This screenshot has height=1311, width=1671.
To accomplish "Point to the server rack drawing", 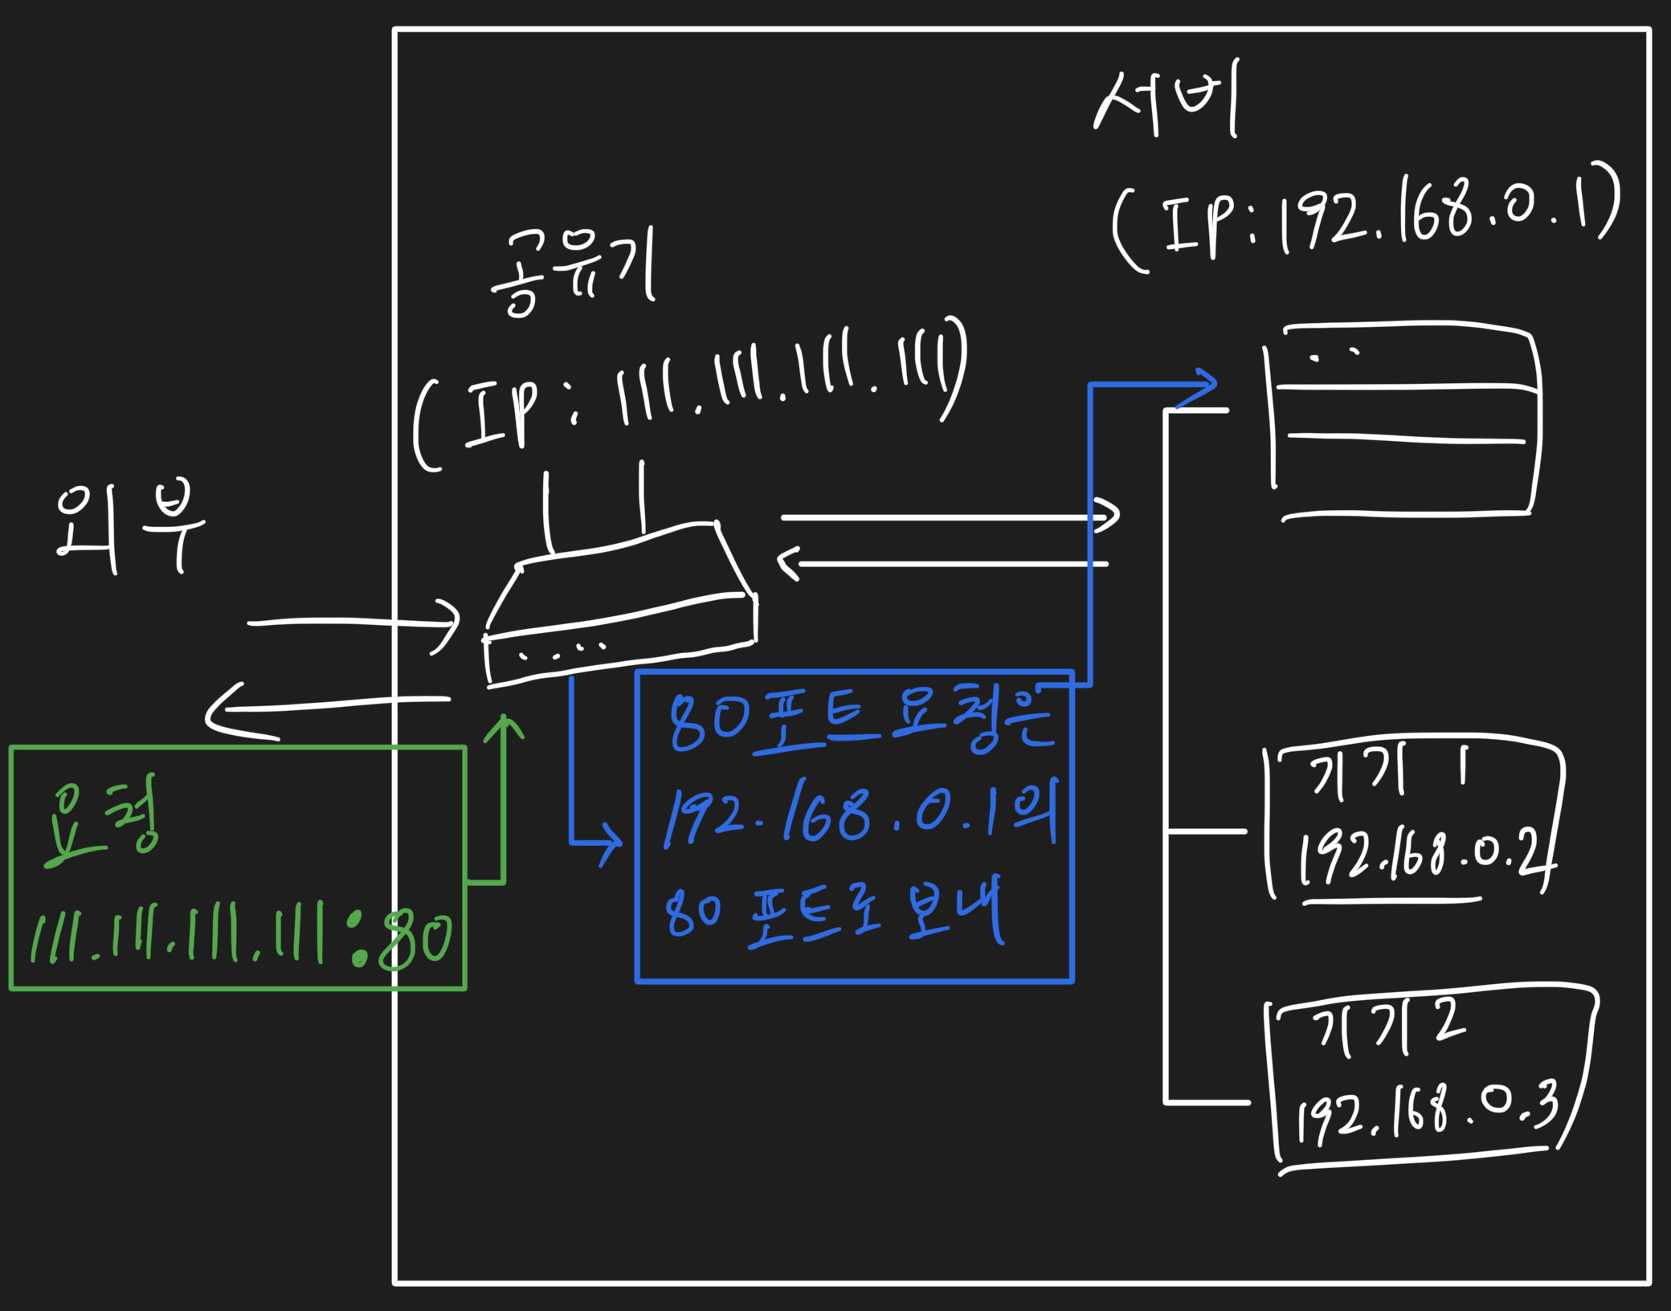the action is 1406,422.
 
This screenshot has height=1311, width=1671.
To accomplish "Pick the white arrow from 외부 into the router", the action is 353,623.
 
